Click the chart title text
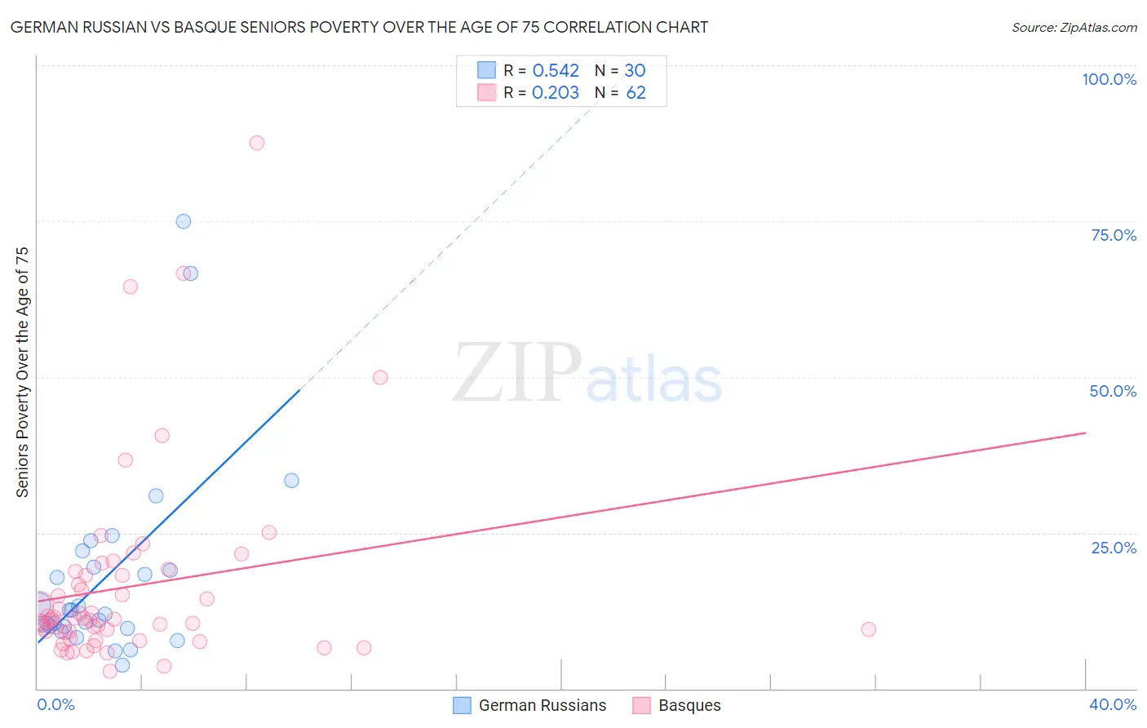[359, 27]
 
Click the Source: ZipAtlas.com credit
[1074, 27]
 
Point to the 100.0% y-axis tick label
[1109, 79]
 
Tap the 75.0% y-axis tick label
[1114, 235]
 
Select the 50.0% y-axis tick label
[1113, 391]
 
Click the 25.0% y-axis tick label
[1114, 548]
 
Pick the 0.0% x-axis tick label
[55, 704]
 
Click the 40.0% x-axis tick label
[1112, 704]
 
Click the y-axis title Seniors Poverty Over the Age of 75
[22, 371]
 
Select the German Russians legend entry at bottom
[530, 705]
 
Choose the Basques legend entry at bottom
[677, 705]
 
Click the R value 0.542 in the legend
[556, 71]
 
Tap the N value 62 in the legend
[635, 93]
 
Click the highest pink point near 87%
[257, 143]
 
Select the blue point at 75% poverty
[184, 221]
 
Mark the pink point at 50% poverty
[380, 377]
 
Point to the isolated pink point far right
[869, 629]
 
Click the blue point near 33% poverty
[291, 481]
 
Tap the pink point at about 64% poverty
[131, 286]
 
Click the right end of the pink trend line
[1085, 433]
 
